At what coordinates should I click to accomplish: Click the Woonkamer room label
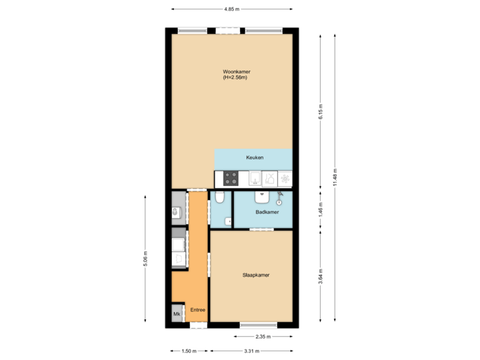tap(237, 72)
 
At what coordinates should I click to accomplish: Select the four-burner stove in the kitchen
tap(231, 178)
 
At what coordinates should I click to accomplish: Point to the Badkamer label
tap(267, 212)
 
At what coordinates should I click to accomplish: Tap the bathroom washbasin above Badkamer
tap(262, 197)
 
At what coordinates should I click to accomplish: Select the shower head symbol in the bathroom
tap(279, 199)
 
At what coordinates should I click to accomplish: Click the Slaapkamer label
tap(255, 275)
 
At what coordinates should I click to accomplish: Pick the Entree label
tap(197, 310)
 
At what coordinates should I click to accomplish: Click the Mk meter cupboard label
tap(177, 313)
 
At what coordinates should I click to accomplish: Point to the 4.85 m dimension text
tap(231, 9)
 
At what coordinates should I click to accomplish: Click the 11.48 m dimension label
tap(335, 177)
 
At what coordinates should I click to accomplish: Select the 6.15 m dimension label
tap(321, 111)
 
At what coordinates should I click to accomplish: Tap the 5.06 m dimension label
tap(145, 259)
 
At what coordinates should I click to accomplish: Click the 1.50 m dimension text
tap(189, 351)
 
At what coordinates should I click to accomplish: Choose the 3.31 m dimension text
tap(251, 351)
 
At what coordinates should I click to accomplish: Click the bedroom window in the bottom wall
tap(258, 325)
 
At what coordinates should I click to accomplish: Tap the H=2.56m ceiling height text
tap(236, 78)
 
